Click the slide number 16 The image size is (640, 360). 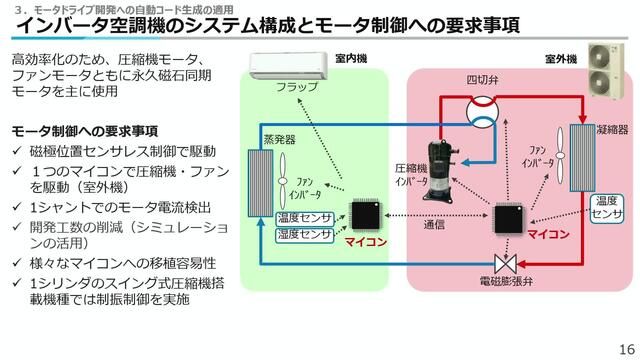tap(627, 349)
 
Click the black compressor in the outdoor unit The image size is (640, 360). tap(440, 170)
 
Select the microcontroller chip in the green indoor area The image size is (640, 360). tap(365, 215)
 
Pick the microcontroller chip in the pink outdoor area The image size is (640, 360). tap(509, 219)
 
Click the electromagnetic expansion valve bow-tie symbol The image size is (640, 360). tap(506, 264)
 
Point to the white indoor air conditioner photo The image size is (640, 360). tap(289, 65)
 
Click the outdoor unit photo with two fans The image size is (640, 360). tap(606, 71)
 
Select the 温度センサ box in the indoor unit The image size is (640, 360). tap(305, 219)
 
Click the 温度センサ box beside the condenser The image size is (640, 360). tap(607, 208)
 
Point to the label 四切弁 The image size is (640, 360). tap(482, 80)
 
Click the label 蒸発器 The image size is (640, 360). tap(279, 140)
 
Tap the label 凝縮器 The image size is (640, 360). tap(612, 130)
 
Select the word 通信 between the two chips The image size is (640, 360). tap(434, 224)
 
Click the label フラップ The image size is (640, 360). tap(297, 87)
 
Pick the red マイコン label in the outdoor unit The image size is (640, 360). tap(548, 234)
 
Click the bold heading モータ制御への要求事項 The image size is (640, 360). tap(84, 131)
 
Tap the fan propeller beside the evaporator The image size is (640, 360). tap(282, 181)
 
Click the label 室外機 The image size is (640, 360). tap(561, 59)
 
